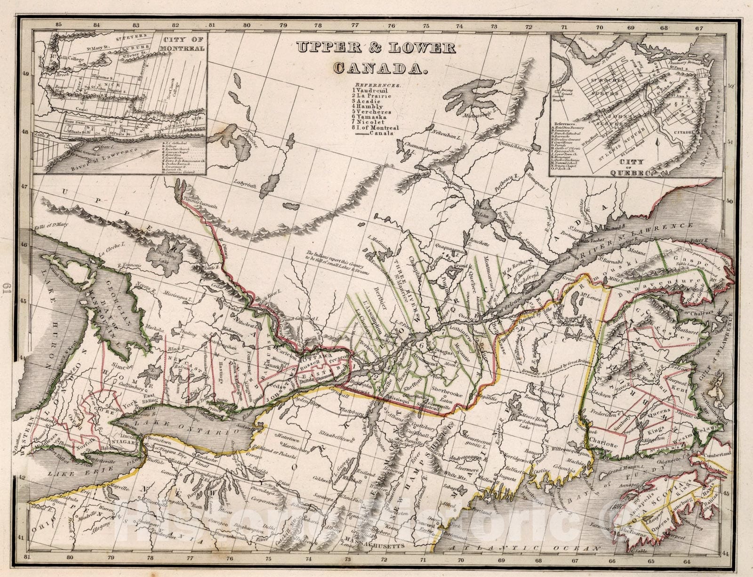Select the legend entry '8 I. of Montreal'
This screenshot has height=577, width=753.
tap(375, 128)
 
